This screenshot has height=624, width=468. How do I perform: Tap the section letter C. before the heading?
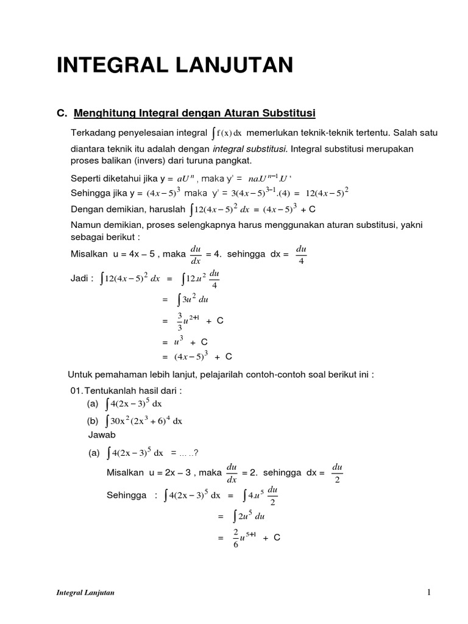point(60,113)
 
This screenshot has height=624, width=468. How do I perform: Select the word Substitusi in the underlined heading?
point(289,113)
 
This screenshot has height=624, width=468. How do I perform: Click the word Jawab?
point(102,435)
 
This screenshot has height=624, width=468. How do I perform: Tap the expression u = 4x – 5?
point(129,253)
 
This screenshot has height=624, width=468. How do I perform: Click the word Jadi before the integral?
point(81,278)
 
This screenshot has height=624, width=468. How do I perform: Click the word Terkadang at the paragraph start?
point(92,133)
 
